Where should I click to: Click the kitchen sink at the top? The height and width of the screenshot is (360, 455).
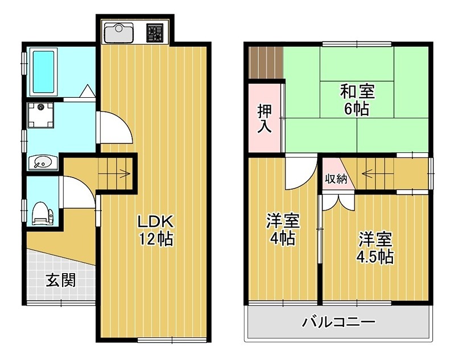[118, 32]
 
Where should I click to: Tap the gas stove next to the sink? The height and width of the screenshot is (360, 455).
[154, 32]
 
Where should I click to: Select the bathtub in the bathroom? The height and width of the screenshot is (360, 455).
[43, 72]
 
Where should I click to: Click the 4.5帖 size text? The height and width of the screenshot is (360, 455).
[375, 256]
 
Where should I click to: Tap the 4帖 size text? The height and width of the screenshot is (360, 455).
[282, 238]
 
